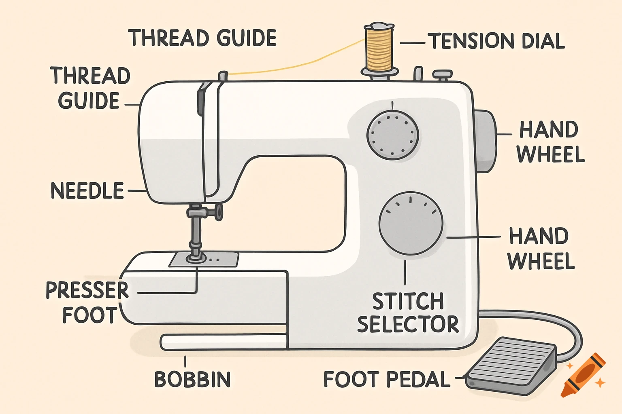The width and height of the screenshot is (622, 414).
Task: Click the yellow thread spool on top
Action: (379, 49)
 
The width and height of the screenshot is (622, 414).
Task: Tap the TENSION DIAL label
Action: (496, 41)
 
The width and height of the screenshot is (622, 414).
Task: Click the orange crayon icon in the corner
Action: (584, 376)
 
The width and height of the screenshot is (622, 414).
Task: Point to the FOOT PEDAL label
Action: (386, 379)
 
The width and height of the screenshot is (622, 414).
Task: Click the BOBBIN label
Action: (192, 379)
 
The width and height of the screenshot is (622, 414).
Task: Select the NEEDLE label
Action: (87, 190)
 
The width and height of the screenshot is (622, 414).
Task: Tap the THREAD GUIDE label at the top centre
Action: (202, 38)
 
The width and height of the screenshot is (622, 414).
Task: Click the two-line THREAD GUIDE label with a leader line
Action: (90, 88)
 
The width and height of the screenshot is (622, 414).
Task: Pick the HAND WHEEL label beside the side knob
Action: (550, 142)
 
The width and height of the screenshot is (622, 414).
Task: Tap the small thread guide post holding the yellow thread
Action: (223, 76)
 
